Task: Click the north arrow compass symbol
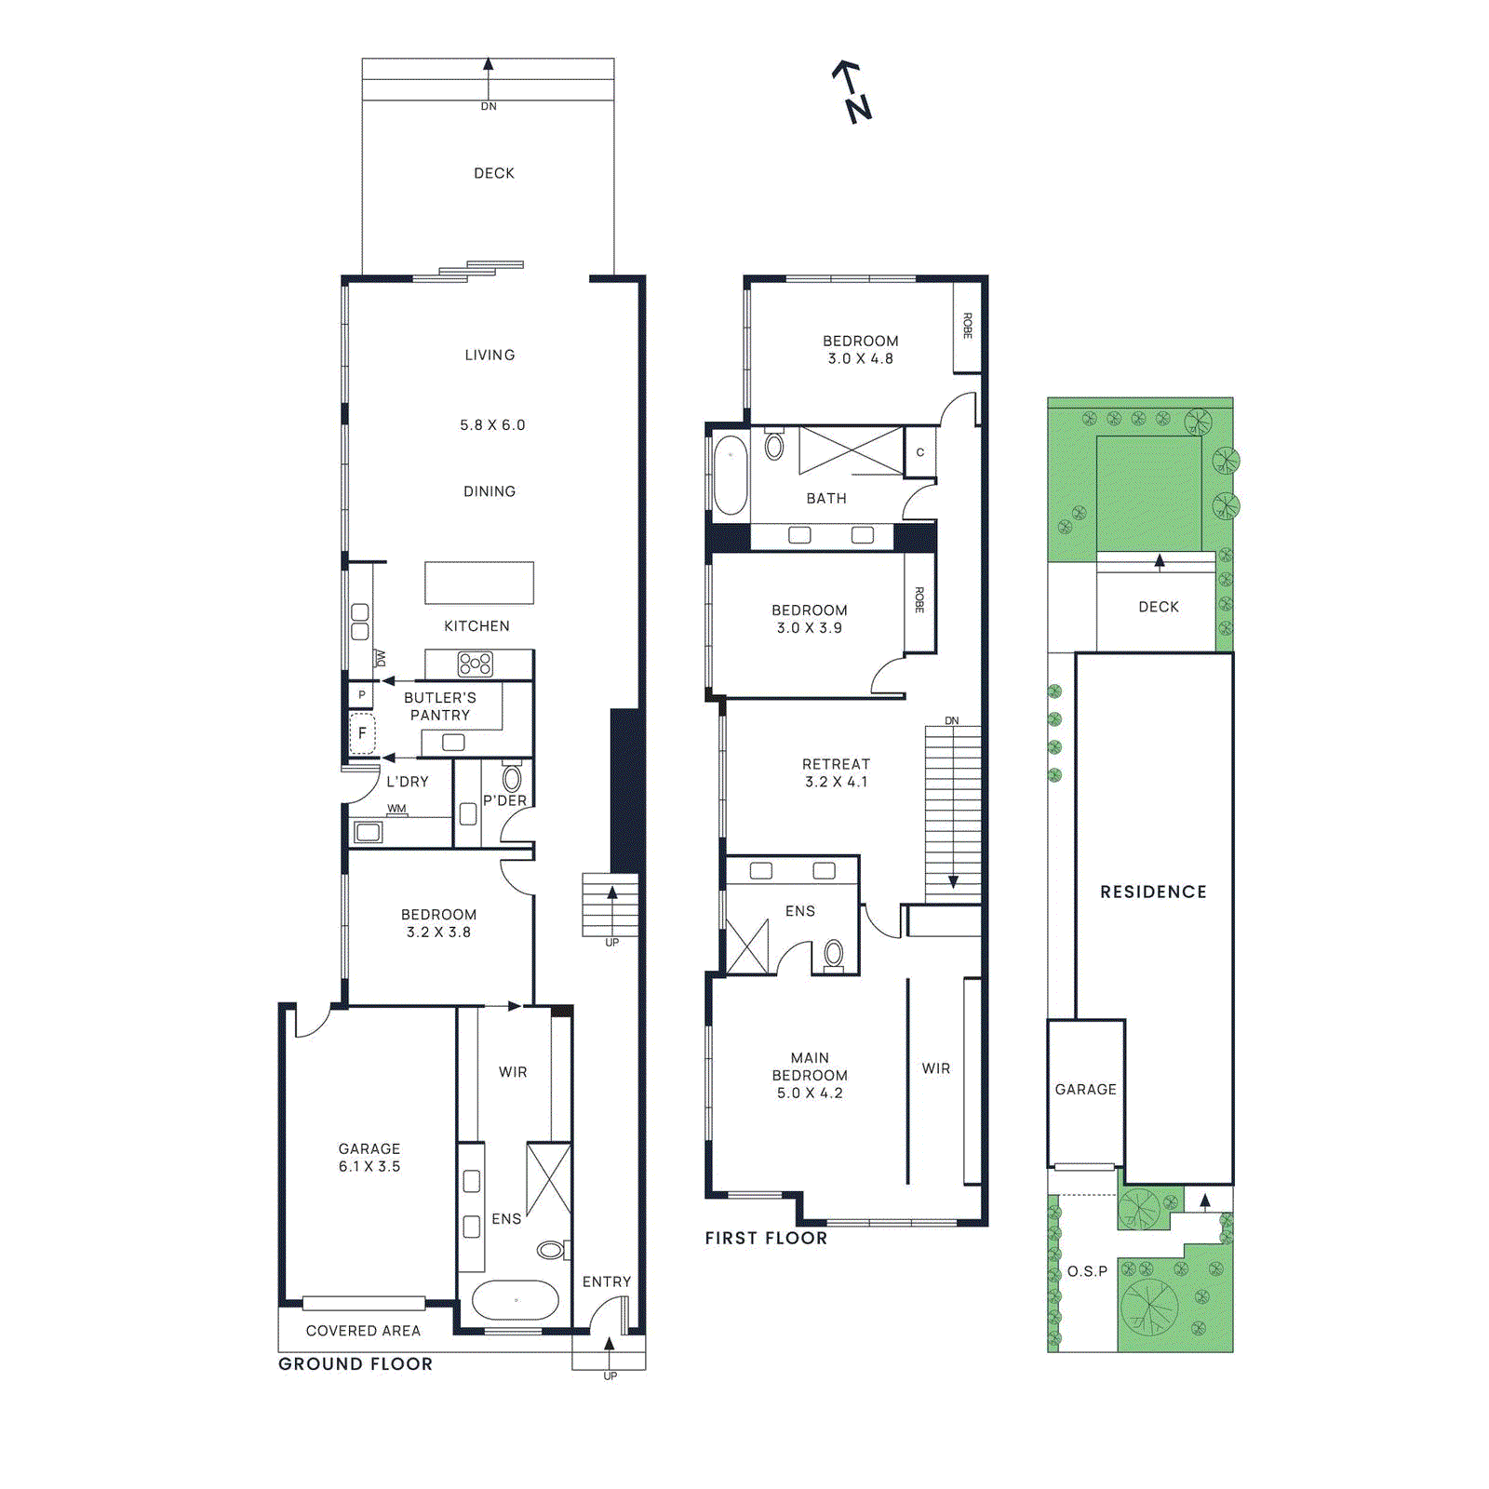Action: click(x=852, y=91)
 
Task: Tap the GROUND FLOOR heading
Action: click(x=355, y=1363)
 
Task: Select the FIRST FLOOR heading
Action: click(x=765, y=1238)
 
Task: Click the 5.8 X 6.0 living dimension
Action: click(x=491, y=425)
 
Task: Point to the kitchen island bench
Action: click(x=479, y=584)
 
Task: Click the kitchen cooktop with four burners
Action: click(x=475, y=664)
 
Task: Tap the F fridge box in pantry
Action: click(x=362, y=733)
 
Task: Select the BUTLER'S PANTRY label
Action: click(x=439, y=706)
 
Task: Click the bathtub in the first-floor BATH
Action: click(x=731, y=475)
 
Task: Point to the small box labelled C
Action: click(x=919, y=452)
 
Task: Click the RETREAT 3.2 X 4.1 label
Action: click(x=836, y=772)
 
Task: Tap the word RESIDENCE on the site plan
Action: click(x=1153, y=892)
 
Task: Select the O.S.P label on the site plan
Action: click(x=1086, y=1271)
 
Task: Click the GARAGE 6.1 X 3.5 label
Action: click(x=369, y=1158)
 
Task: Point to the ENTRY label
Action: click(x=606, y=1281)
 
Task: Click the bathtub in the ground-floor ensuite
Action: click(x=516, y=1300)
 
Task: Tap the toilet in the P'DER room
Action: click(x=512, y=778)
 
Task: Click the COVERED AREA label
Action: click(x=363, y=1331)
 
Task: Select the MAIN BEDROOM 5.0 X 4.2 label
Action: click(x=810, y=1075)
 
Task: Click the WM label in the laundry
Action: click(x=396, y=809)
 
